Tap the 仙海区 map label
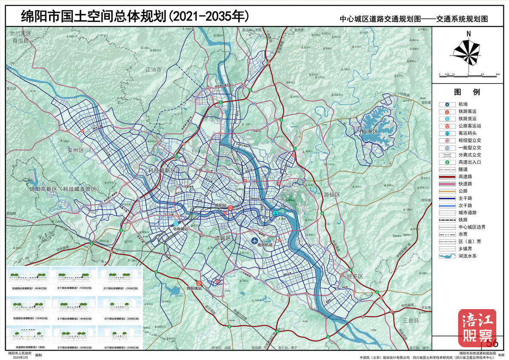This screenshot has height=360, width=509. (x=369, y=131)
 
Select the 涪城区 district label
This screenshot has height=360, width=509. (x=223, y=238)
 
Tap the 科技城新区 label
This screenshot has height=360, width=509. (x=162, y=170)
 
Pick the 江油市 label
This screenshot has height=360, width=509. (x=154, y=69)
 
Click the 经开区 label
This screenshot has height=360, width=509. (x=355, y=276)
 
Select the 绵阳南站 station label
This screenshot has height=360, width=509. (x=197, y=289)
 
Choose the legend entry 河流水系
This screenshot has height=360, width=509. (x=470, y=256)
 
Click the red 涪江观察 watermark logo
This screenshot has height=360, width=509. (x=477, y=328)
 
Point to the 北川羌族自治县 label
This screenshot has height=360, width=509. (x=20, y=37)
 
